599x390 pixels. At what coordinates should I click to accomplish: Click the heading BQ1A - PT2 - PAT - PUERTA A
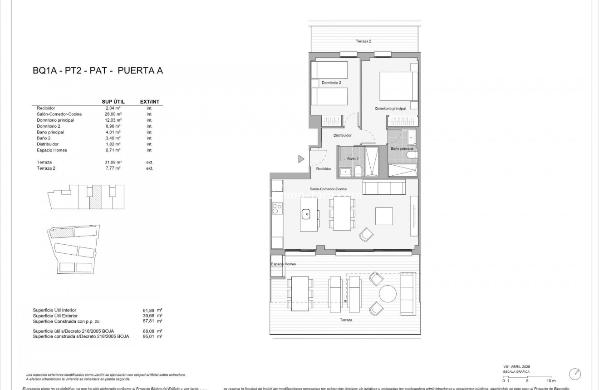point(98,70)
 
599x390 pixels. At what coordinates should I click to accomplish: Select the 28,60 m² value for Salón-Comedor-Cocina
point(113,114)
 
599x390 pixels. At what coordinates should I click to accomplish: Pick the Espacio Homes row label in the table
point(52,150)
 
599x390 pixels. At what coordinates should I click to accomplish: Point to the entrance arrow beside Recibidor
point(301,159)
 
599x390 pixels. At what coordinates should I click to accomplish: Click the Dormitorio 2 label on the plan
point(331,83)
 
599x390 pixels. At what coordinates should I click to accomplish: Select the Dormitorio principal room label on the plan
point(390,109)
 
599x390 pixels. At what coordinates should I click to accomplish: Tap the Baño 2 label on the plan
point(353,159)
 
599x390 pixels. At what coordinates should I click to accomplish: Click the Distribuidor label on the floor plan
point(343,135)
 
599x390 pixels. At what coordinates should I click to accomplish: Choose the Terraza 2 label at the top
point(363,41)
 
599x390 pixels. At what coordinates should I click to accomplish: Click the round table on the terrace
point(388,293)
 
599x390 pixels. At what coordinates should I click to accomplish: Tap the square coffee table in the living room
point(384,216)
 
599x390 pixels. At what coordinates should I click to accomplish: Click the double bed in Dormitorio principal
point(398,86)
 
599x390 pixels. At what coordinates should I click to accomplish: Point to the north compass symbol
point(575,373)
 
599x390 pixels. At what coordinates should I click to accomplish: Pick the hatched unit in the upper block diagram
point(95,197)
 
